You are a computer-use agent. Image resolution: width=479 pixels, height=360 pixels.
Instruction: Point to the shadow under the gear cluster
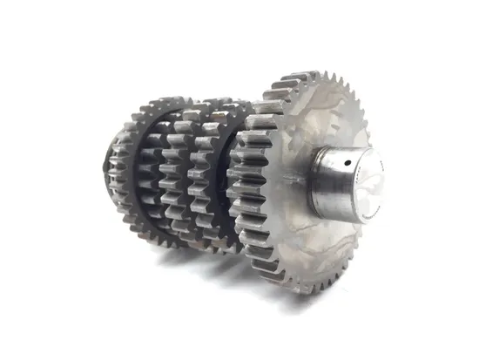coord(218,262)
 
